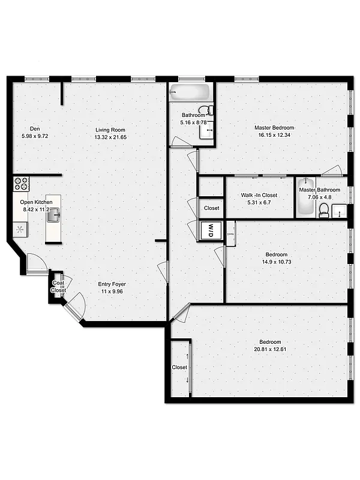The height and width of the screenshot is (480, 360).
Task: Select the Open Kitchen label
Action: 36,202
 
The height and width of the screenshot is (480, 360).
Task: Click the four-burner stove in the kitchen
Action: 21,184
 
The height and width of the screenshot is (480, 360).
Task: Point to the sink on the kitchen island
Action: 53,218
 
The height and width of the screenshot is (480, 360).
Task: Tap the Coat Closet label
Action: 58,286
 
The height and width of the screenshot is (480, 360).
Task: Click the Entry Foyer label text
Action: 112,284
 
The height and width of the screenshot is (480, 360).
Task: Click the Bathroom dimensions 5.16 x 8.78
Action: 193,122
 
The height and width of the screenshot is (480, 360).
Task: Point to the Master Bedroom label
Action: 274,128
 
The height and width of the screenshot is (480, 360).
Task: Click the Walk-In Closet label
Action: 259,195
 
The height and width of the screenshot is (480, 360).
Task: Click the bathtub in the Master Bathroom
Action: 305,198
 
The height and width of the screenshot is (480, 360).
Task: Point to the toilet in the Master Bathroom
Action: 324,210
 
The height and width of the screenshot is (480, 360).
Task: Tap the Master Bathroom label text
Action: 320,190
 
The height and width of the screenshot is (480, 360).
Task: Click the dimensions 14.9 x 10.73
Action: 274,261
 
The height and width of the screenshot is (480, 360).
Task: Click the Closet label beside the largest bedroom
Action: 179,367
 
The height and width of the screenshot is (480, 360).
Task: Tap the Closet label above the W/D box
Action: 211,208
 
